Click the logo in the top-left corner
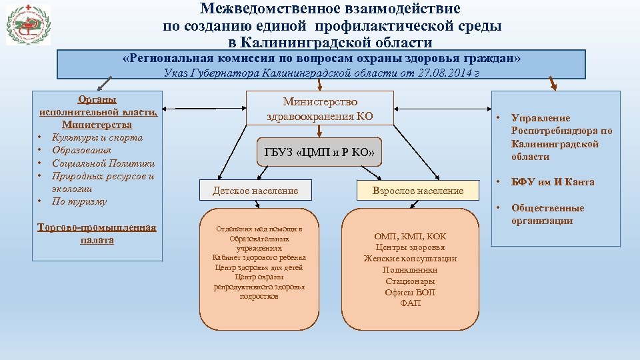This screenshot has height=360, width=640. [x=28, y=25]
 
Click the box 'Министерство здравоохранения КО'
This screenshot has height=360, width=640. [x=319, y=109]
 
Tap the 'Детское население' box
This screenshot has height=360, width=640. [x=255, y=191]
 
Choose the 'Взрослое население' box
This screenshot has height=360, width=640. [x=418, y=191]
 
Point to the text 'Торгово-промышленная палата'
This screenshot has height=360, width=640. [x=97, y=233]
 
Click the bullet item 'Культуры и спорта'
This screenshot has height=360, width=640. [x=97, y=138]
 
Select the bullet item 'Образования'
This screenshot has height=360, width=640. [x=81, y=151]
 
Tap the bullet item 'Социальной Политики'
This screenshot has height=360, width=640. [x=103, y=163]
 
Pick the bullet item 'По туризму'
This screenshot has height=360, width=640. [x=79, y=201]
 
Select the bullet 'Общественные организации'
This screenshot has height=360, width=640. [x=547, y=215]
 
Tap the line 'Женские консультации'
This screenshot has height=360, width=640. [x=410, y=259]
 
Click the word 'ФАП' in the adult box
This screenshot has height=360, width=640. [x=410, y=304]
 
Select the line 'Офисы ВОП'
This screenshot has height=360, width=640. [x=410, y=293]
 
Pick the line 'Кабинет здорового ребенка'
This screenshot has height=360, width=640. [x=259, y=257]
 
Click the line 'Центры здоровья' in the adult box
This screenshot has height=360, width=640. [x=410, y=247]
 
